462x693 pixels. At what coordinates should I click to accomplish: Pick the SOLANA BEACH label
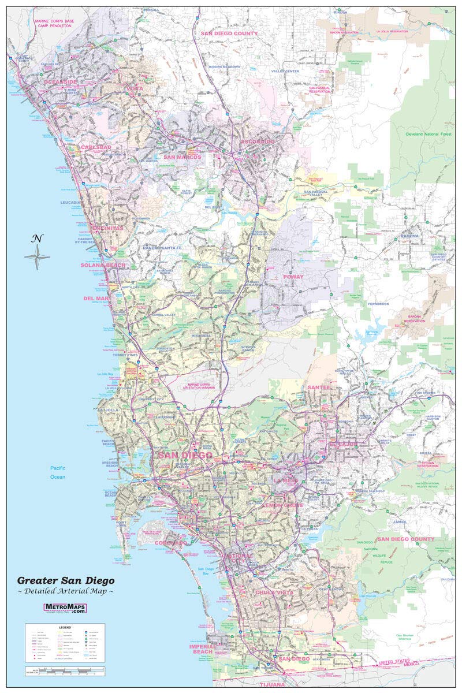click(102, 265)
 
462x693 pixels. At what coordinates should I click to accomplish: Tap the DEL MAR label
click(96, 299)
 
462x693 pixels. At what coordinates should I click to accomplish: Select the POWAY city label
click(293, 277)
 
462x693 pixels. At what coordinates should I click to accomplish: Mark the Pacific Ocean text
click(57, 472)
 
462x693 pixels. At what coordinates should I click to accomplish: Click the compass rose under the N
click(37, 257)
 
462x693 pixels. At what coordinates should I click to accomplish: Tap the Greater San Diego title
click(65, 580)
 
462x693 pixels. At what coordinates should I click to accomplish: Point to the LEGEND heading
click(64, 627)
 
